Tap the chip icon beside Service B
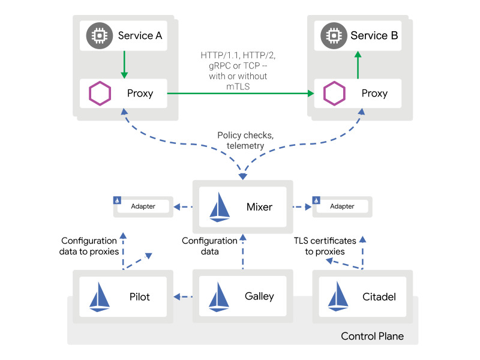331,35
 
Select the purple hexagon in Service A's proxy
98,94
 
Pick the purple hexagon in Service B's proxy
334,94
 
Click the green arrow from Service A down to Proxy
124,64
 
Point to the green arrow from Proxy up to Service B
358,65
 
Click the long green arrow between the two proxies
240,94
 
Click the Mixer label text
259,207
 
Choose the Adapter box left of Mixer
143,206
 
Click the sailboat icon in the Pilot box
100,297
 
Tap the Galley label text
259,296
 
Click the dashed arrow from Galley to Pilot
182,296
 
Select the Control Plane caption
372,336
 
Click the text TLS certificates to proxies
325,246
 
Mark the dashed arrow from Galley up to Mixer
243,252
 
